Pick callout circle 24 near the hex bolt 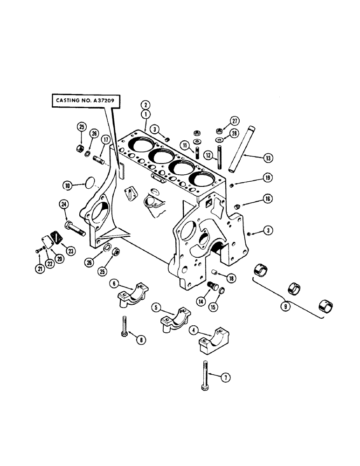click(63, 204)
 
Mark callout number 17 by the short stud click(106, 139)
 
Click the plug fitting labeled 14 click(212, 286)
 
